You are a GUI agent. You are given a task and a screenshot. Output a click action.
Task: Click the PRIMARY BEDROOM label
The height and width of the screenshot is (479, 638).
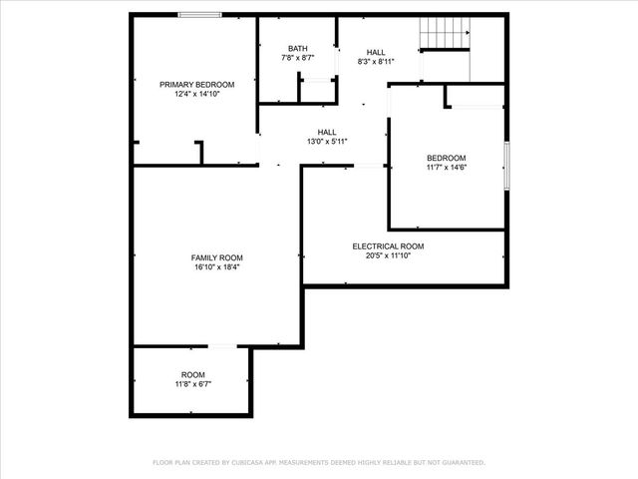pos(196,84)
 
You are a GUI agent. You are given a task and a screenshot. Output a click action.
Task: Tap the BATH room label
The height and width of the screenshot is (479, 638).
pos(298,49)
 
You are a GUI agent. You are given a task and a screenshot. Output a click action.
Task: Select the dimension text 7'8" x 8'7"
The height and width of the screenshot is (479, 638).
pos(298,58)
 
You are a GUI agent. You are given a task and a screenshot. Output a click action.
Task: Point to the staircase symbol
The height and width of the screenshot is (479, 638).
pos(444,34)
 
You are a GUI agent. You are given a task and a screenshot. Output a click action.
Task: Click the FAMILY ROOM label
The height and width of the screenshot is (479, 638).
pos(217,257)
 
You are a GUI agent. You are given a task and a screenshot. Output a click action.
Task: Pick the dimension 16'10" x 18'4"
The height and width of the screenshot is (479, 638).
pos(217,266)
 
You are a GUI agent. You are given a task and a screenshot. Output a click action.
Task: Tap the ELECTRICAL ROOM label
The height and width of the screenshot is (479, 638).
pos(388,245)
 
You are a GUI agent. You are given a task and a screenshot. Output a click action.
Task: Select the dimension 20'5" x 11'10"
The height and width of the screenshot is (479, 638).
pos(388,255)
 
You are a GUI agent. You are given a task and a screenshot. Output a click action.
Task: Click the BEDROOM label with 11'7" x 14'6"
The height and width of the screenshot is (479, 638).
pos(446,158)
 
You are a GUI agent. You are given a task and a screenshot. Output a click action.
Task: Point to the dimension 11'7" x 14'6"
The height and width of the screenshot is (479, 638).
pos(446,167)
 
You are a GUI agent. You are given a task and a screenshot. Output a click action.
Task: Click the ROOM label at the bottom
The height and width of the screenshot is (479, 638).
pos(193,374)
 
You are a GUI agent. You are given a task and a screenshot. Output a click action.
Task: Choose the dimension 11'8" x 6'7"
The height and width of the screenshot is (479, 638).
pos(193,383)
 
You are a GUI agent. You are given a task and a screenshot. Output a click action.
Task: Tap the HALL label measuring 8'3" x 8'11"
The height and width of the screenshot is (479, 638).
pos(376,52)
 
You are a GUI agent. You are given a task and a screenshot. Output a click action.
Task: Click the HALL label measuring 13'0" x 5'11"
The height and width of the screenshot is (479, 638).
pos(327,132)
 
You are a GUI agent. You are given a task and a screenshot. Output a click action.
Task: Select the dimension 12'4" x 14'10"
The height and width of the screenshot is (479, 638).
pos(196,94)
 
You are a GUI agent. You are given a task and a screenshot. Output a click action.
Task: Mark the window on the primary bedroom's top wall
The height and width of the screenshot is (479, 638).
pos(200,14)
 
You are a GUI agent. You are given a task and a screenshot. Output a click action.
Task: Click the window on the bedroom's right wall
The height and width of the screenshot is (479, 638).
pos(506,165)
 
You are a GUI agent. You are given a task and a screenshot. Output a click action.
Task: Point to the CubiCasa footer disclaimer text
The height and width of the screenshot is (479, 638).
pos(318,462)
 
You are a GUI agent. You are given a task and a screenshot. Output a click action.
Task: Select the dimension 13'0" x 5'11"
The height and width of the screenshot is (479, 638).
pos(327,141)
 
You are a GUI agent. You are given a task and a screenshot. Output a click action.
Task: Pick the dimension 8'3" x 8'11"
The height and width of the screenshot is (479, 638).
pos(376,61)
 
